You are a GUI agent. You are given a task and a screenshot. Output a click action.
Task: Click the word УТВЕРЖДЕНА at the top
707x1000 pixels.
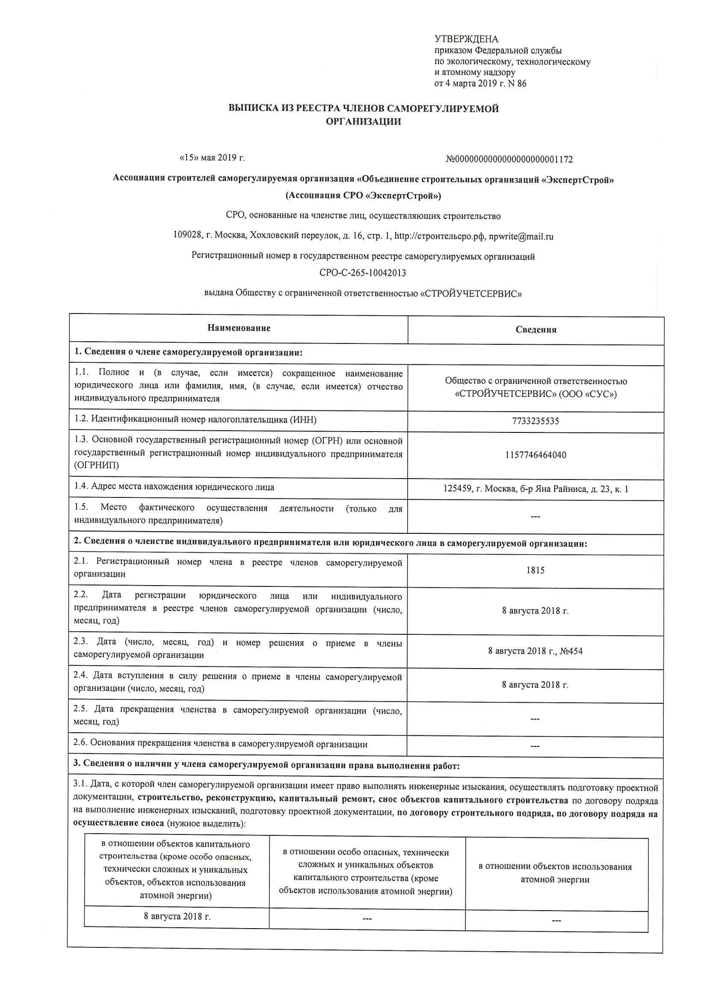466,39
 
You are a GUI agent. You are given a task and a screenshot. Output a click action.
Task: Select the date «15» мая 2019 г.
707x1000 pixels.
212,158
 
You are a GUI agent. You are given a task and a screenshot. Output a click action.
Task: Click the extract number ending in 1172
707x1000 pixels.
509,160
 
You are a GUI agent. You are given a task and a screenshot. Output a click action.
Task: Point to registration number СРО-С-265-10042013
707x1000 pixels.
362,273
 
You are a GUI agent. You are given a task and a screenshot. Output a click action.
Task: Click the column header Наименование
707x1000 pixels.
239,328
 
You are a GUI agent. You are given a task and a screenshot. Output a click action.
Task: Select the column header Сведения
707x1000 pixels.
536,330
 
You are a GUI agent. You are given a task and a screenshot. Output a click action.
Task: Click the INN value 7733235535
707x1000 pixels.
535,421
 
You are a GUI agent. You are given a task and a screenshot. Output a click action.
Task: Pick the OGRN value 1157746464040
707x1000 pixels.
535,455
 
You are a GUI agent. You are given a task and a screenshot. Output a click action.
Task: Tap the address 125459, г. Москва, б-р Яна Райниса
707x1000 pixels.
535,489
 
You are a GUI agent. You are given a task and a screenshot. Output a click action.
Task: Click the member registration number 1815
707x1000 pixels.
535,570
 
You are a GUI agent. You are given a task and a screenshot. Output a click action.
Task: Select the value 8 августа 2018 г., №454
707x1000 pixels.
535,651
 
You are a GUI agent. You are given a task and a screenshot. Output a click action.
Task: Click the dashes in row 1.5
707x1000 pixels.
535,517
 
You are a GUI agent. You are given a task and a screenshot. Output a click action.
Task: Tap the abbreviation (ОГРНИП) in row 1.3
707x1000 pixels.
97,465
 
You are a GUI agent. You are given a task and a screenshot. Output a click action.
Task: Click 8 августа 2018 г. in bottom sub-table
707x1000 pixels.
177,916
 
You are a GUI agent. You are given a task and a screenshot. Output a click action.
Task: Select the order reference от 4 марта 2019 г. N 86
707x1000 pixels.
480,83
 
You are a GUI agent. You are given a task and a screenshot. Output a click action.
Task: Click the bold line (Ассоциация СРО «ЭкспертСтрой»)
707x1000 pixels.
363,195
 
